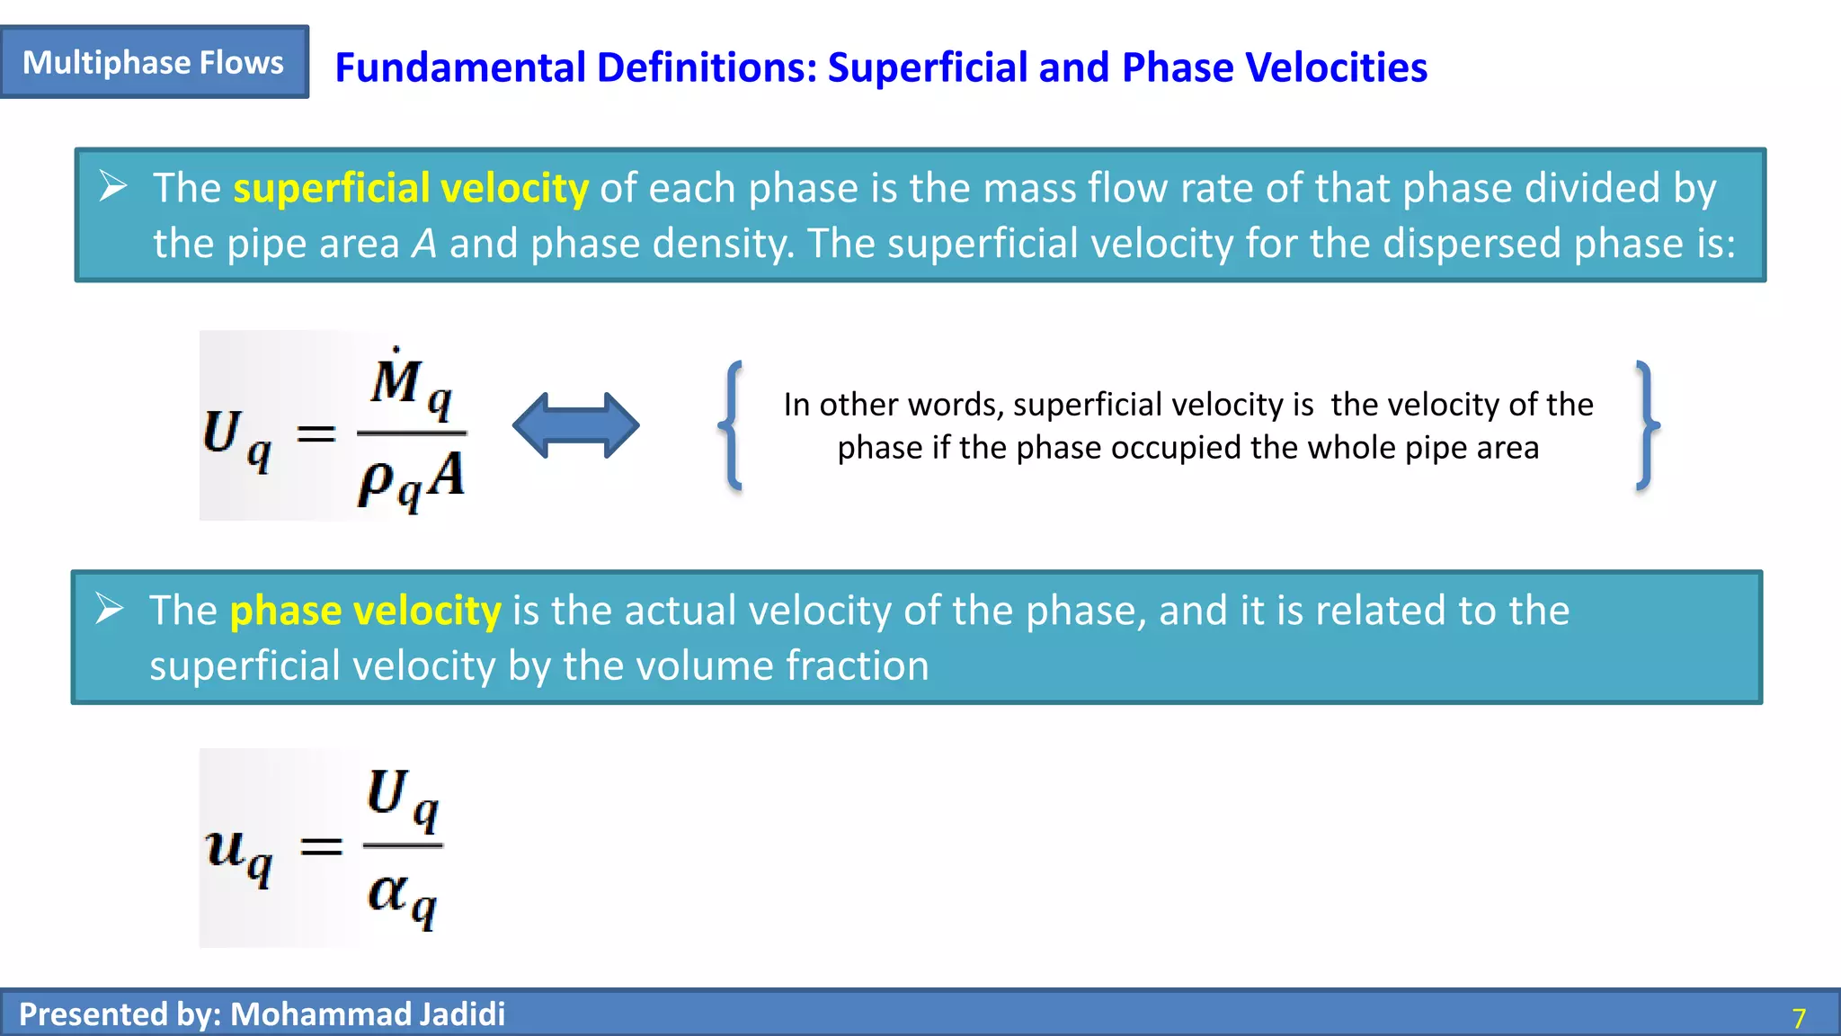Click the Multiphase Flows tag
(x=154, y=62)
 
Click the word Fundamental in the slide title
(x=459, y=67)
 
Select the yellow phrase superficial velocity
(x=411, y=188)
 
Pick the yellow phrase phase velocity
(x=365, y=611)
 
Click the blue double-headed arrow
(x=575, y=425)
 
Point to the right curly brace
(x=1646, y=425)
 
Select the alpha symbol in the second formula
(x=388, y=892)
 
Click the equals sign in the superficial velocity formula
(x=316, y=435)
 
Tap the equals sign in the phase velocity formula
(x=321, y=846)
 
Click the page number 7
(x=1799, y=1018)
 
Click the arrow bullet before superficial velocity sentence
(x=113, y=186)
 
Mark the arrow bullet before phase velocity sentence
(x=110, y=609)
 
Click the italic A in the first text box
(x=424, y=244)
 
